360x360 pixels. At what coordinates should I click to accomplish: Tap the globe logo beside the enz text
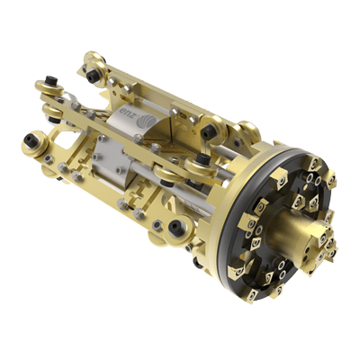tap(146, 122)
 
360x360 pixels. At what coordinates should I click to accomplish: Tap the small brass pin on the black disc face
tap(305, 187)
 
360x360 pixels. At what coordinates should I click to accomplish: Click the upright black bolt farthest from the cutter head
tap(50, 80)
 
